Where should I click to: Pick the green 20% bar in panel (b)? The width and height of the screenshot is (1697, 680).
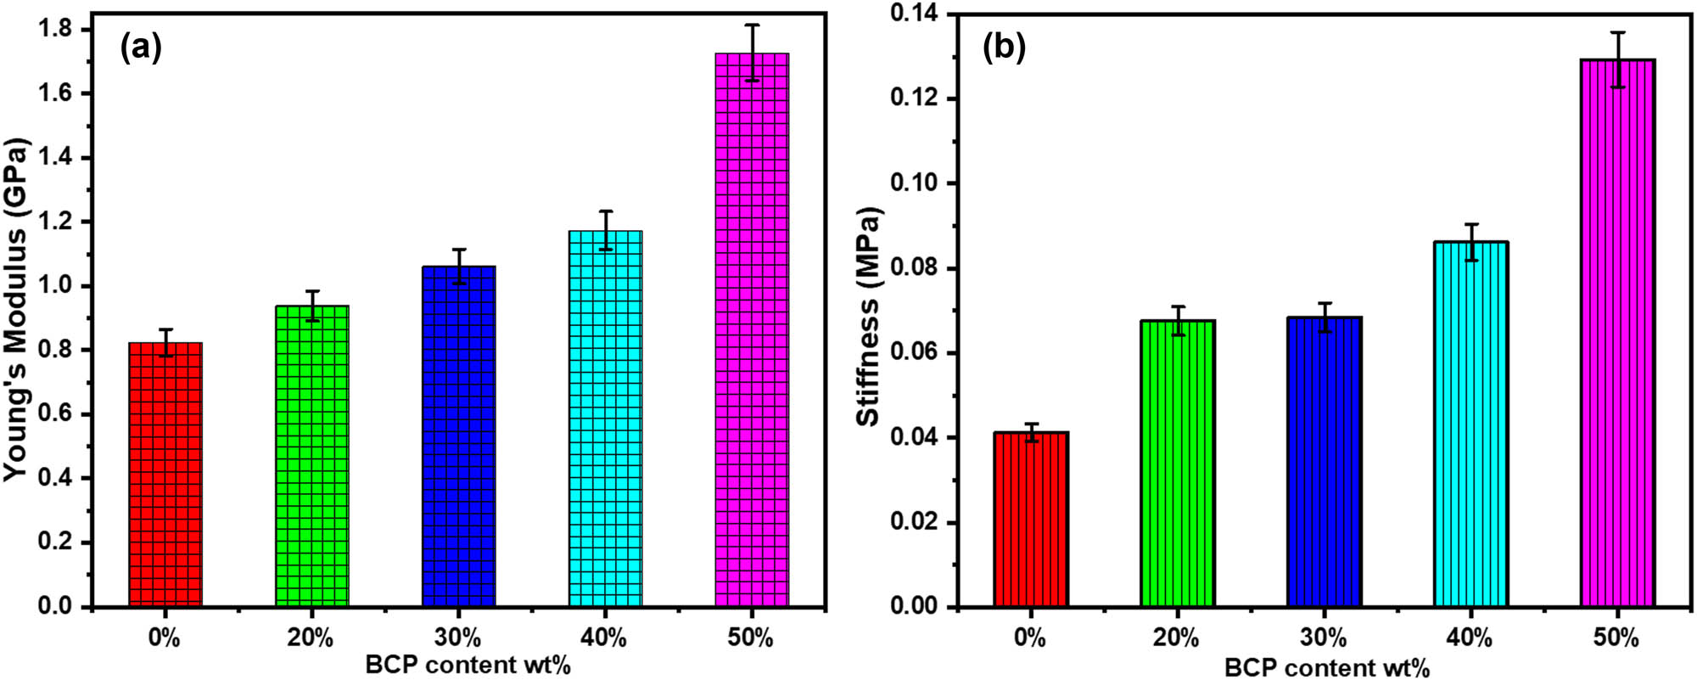pyautogui.click(x=1177, y=463)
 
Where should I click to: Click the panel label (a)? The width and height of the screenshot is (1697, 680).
pyautogui.click(x=141, y=48)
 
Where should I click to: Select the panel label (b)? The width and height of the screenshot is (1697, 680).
pyautogui.click(x=1004, y=48)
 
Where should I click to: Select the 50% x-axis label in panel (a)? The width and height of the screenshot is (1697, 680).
pyautogui.click(x=751, y=638)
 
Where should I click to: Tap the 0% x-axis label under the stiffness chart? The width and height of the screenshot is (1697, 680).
pyautogui.click(x=1030, y=638)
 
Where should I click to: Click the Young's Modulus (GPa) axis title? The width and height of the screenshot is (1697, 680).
pyautogui.click(x=17, y=310)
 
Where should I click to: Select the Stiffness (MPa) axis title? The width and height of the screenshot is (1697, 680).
pyautogui.click(x=869, y=316)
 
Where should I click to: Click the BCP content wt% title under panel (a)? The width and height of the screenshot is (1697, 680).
pyautogui.click(x=468, y=665)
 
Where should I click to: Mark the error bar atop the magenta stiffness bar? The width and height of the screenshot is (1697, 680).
pyautogui.click(x=1618, y=59)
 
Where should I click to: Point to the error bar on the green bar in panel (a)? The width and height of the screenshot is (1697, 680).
pyautogui.click(x=312, y=306)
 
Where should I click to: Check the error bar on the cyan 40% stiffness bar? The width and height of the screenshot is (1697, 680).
pyautogui.click(x=1471, y=242)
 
